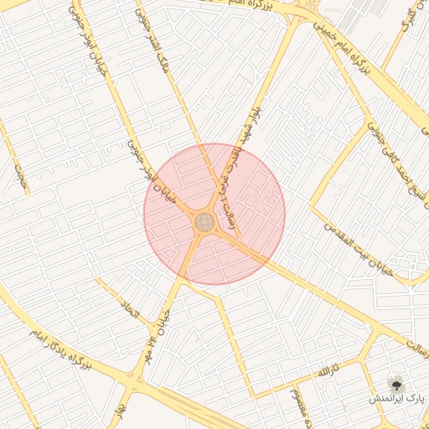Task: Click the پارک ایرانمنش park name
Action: pos(397,399)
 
